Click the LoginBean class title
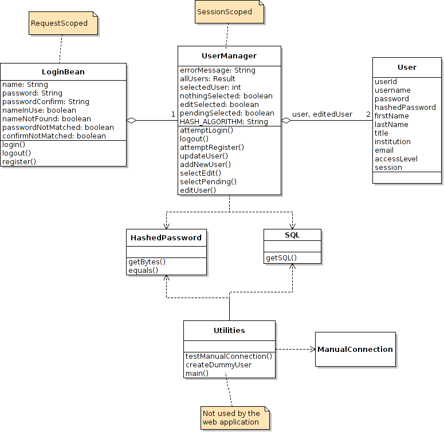(63, 72)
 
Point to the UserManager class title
(229, 55)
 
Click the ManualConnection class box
(355, 349)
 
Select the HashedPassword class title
(166, 237)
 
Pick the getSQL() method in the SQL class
(281, 258)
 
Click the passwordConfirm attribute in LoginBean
(46, 101)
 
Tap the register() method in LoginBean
(19, 161)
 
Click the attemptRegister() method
(212, 147)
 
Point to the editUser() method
(198, 190)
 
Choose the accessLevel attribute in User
(396, 158)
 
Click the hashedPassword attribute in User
(405, 107)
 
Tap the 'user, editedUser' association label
(322, 114)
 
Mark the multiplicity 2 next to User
(368, 114)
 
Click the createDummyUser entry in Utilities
(218, 364)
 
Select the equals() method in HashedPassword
(143, 270)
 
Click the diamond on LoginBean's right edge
(132, 120)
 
